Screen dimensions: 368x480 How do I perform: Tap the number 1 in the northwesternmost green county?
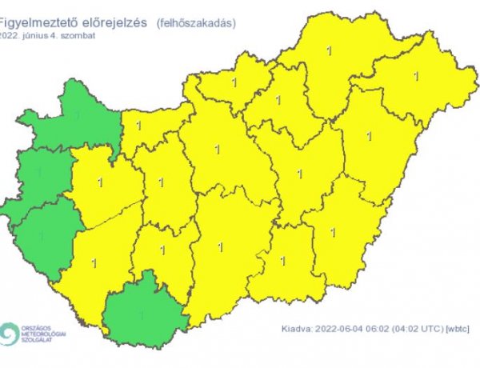pyautogui.click(x=77, y=115)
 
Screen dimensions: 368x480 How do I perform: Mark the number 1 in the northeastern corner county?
pyautogui.click(x=415, y=77)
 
